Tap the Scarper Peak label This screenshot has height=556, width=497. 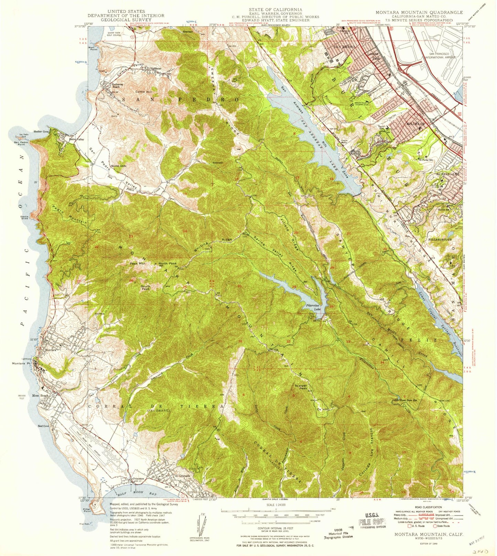[x=301, y=387]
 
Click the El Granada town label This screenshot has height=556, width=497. [x=182, y=476]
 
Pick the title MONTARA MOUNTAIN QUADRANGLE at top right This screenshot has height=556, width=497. [x=419, y=12]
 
